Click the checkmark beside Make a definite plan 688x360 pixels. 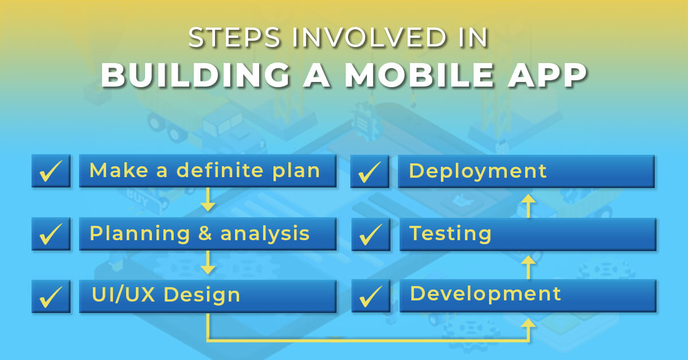[51, 171]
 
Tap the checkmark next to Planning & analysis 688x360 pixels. [51, 234]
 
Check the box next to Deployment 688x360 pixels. [370, 171]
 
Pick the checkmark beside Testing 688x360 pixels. [370, 234]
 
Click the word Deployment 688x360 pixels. [478, 171]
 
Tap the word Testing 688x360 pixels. [450, 233]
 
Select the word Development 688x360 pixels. [486, 294]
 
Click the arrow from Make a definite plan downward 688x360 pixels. [208, 199]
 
